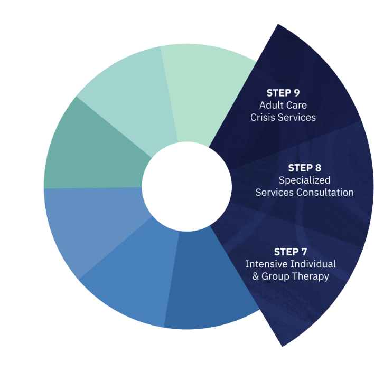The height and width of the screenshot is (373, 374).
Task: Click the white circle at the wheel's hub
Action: point(186,186)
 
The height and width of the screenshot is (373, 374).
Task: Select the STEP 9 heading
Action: point(283,93)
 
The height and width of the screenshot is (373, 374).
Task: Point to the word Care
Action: point(296,105)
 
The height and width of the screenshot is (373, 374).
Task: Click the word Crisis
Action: point(263,117)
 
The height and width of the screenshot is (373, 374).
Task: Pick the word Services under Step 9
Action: point(297,117)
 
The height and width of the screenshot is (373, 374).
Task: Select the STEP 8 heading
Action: point(304,168)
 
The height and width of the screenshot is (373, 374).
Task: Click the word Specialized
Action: point(304,180)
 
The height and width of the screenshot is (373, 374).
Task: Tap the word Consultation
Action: point(325,193)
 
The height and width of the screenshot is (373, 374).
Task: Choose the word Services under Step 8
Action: point(275,193)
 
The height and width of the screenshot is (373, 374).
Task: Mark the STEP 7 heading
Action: point(291,252)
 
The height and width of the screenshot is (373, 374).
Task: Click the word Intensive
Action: point(265,264)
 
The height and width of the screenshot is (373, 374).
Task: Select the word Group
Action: point(276,276)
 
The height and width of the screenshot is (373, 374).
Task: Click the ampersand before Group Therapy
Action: point(256,276)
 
